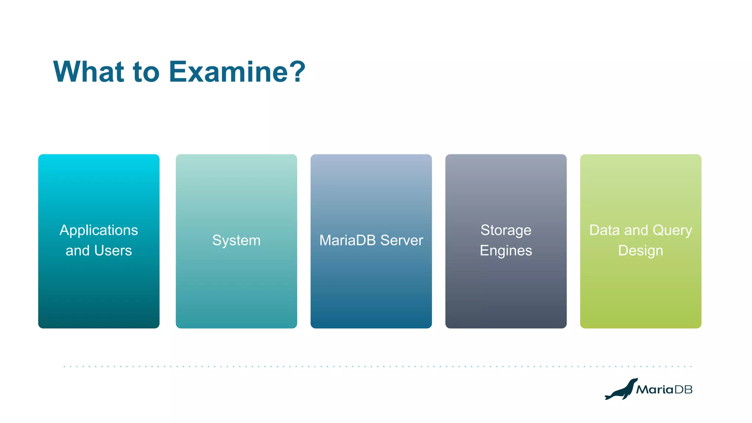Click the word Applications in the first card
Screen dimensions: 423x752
[x=98, y=230]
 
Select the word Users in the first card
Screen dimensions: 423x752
[x=113, y=251]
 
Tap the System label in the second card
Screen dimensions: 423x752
[x=236, y=241]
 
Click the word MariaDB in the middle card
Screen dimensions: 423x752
[x=347, y=241]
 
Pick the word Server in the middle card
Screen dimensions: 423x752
[x=402, y=241]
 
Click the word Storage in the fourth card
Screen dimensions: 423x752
[x=506, y=230]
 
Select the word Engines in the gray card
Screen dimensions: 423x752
[x=506, y=251]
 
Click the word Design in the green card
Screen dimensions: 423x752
[x=640, y=251]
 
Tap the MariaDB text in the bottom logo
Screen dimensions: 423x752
[x=664, y=390]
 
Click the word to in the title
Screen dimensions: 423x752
[x=146, y=72]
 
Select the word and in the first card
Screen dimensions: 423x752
[x=77, y=251]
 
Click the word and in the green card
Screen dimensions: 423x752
[x=636, y=230]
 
